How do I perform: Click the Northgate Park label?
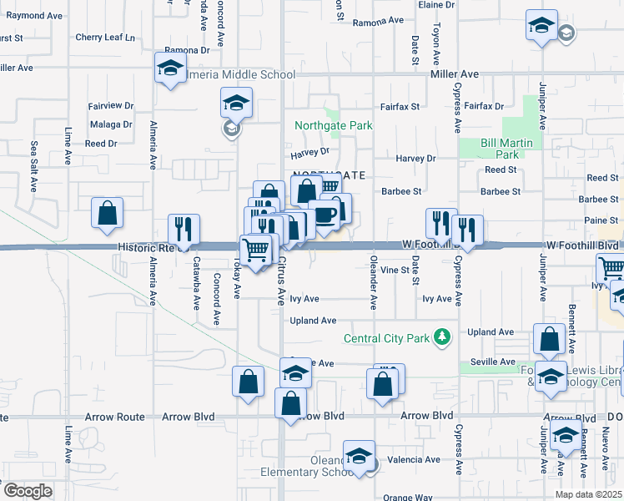pos(333,125)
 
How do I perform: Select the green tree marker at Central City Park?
pos(442,338)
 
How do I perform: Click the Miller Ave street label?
pos(455,74)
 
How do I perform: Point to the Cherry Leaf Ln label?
pos(104,38)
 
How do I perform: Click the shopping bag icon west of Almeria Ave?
pos(108,214)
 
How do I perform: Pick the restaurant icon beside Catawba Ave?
pos(183,229)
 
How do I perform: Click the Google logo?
pos(28,490)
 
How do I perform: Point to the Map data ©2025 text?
pos(588,494)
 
